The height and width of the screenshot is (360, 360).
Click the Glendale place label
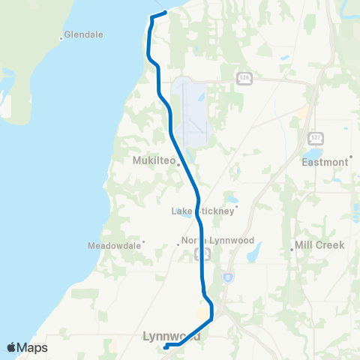pos(83,34)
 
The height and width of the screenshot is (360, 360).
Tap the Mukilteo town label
pos(153,160)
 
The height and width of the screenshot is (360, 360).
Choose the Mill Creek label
pos(319,245)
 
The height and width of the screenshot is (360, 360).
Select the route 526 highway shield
pos(244,78)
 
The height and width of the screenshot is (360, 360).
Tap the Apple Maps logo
pos(27,347)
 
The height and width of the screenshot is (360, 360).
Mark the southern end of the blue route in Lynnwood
pos(164,346)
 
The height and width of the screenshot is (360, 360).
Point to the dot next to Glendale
pos(61,37)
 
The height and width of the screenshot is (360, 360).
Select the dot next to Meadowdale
pos(143,241)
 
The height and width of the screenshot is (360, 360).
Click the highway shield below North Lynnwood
pos(202,255)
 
